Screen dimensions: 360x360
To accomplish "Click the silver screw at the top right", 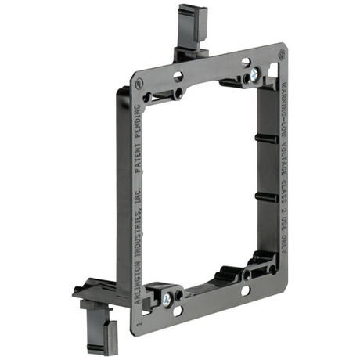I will tap(254, 76).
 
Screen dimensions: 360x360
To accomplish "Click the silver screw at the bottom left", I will tap(167, 298).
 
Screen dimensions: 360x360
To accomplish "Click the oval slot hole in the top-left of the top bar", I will tap(178, 77).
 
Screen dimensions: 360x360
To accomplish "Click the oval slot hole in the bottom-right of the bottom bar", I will tap(245, 290).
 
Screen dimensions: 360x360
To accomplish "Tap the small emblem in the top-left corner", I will tap(139, 81).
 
